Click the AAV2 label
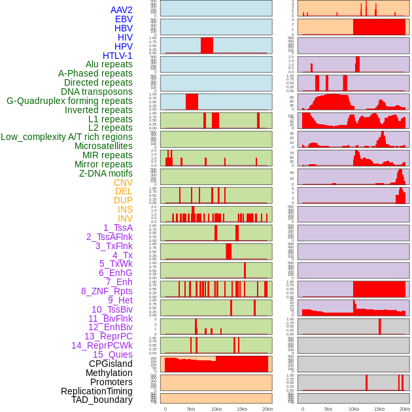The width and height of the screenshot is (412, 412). pyautogui.click(x=121, y=10)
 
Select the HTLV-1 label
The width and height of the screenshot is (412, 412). pyautogui.click(x=118, y=56)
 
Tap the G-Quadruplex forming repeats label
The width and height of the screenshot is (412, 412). pyautogui.click(x=69, y=101)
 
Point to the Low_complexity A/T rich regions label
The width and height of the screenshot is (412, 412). pyautogui.click(x=67, y=137)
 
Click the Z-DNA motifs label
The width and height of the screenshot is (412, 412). pyautogui.click(x=106, y=173)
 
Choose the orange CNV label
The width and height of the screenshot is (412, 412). pyautogui.click(x=123, y=182)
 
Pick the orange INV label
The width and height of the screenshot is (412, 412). pyautogui.click(x=125, y=218)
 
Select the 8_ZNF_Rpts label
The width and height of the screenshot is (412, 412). pyautogui.click(x=107, y=291)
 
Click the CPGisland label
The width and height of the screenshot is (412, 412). pyautogui.click(x=111, y=364)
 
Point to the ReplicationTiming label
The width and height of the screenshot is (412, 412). pyautogui.click(x=97, y=391)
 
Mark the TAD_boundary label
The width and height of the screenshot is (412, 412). pyautogui.click(x=102, y=400)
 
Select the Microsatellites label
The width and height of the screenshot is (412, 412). pyautogui.click(x=103, y=146)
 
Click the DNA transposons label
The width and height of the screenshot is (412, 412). pyautogui.click(x=97, y=92)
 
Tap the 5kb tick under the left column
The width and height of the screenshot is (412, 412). pyautogui.click(x=191, y=409)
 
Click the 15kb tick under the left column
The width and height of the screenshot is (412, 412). pyautogui.click(x=242, y=409)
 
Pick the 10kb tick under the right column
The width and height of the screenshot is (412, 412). pyautogui.click(x=354, y=409)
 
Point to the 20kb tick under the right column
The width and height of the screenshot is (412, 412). pyautogui.click(x=405, y=409)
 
